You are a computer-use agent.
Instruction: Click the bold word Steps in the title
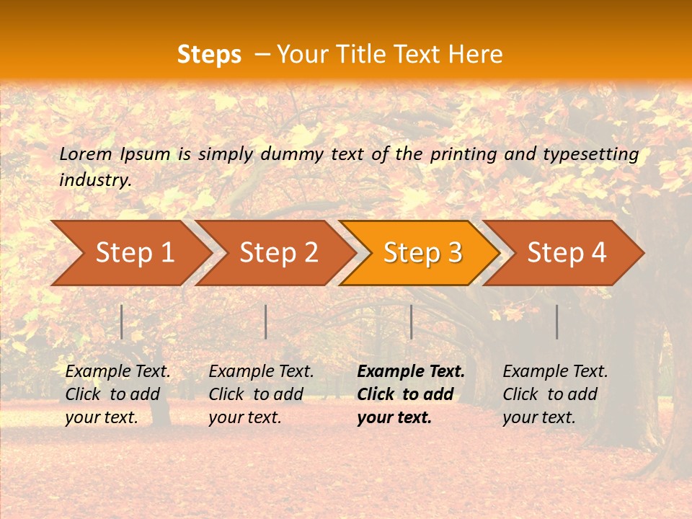point(209,55)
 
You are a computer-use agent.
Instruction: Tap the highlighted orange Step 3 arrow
point(422,252)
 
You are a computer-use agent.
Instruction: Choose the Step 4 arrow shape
point(567,252)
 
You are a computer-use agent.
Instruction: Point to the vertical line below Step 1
point(122,321)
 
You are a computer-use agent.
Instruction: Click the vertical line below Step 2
point(266,321)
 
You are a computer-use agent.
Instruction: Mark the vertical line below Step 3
point(411,321)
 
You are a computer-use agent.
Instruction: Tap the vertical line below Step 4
point(556,321)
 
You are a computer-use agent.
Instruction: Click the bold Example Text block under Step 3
point(411,394)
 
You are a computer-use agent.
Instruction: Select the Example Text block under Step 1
point(117,394)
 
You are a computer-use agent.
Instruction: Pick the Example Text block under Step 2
point(261,394)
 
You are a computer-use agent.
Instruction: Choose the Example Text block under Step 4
point(555,394)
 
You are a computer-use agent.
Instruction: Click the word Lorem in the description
point(86,154)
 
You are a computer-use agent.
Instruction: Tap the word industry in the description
point(94,179)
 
